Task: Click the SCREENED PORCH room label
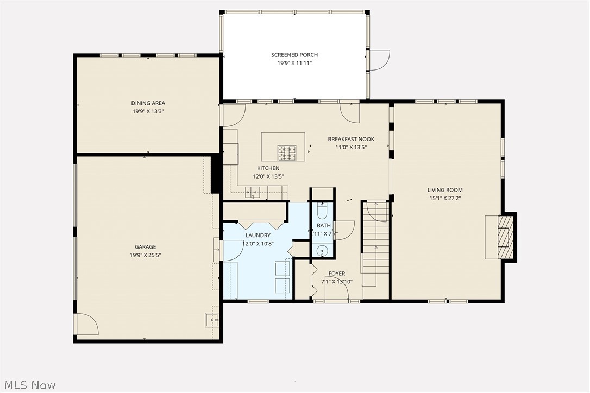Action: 294,55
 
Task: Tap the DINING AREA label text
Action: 148,103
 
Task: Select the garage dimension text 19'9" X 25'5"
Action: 146,255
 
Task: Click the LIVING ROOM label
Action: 444,190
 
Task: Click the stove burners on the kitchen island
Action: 287,153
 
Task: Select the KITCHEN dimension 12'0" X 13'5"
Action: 268,176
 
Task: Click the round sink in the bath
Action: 323,251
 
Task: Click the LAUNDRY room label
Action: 258,236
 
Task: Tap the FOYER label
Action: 337,274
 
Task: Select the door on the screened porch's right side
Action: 379,60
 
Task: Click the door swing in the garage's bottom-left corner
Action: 87,325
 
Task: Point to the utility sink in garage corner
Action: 212,320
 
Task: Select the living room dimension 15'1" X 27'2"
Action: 444,199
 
